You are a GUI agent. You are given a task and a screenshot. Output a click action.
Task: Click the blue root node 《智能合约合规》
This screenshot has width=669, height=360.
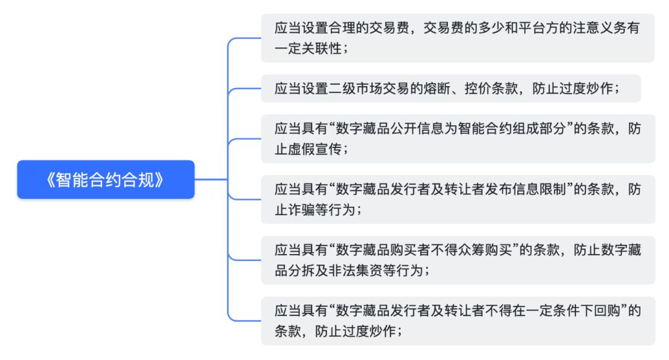point(106,180)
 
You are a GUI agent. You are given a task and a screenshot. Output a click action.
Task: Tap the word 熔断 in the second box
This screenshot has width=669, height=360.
point(437,89)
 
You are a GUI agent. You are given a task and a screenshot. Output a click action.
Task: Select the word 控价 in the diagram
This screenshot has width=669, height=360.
point(478,89)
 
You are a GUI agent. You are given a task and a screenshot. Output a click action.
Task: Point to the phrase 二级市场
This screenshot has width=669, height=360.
point(356,89)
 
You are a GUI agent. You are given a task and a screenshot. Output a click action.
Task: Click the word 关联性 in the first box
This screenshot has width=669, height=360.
point(321,48)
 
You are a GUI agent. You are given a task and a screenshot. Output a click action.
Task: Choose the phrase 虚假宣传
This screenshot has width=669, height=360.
point(315,149)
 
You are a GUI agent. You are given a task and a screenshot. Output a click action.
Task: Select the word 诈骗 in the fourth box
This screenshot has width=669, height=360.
point(301,210)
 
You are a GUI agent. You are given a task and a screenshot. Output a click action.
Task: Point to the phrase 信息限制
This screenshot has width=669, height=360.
point(539,190)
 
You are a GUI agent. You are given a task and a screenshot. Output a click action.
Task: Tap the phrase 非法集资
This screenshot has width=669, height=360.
point(356,270)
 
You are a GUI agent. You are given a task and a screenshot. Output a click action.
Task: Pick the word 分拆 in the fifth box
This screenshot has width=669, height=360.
point(301,270)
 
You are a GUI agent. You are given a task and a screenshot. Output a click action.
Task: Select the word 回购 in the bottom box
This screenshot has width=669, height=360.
point(606,310)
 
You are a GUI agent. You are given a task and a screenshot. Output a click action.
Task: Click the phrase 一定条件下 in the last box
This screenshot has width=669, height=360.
point(559,310)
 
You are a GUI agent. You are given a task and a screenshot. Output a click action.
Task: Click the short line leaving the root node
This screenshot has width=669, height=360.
point(211,180)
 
